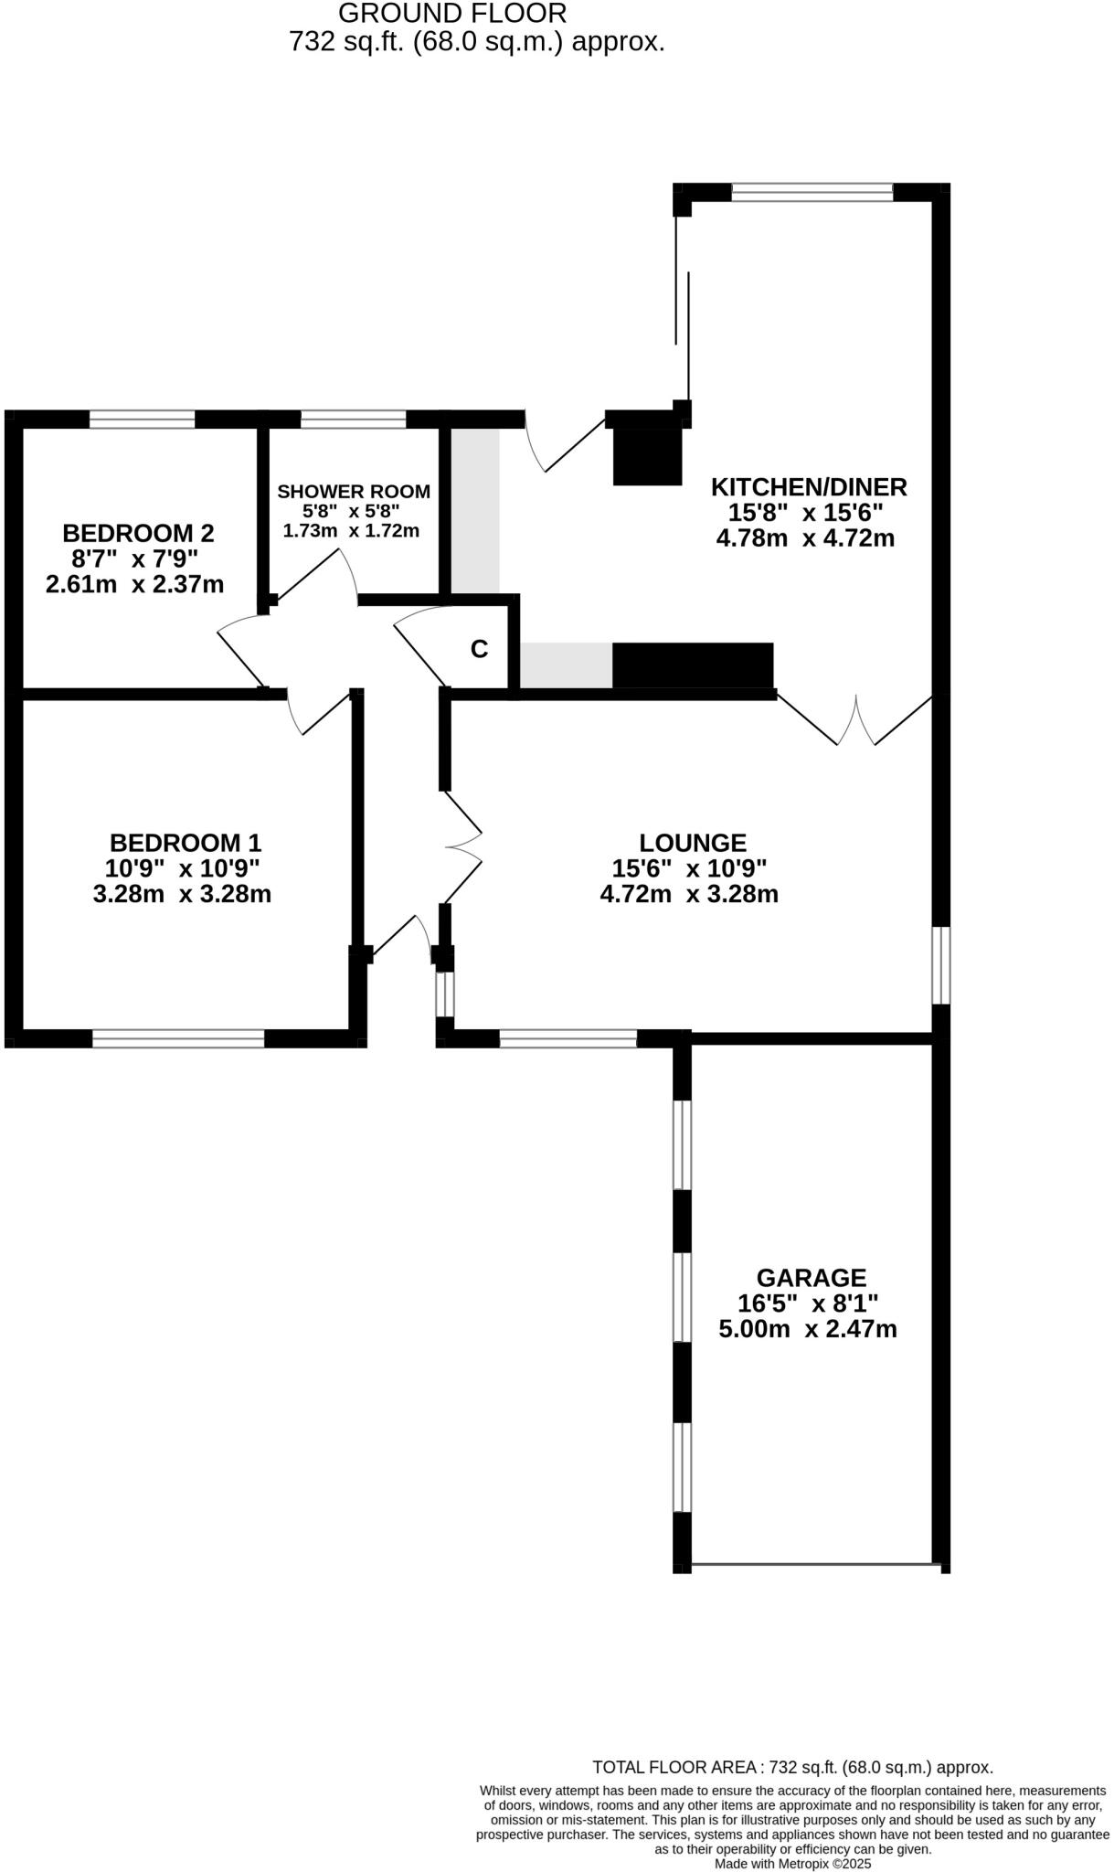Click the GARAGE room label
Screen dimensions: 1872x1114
pos(811,1277)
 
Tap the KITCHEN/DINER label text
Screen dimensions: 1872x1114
pos(809,486)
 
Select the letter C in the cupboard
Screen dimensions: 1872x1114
pos(479,649)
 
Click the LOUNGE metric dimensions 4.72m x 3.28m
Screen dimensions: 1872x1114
pos(689,894)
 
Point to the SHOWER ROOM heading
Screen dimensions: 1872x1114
pos(354,492)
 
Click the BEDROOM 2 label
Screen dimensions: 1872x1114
pos(138,533)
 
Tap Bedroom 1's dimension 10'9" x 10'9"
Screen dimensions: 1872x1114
pos(183,867)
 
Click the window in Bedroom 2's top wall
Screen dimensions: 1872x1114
pos(143,420)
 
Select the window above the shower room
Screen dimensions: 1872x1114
pos(354,420)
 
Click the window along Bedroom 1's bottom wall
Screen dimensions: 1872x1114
pos(178,1038)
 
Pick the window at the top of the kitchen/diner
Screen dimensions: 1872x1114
pos(812,192)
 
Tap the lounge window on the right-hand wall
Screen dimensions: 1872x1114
pos(940,965)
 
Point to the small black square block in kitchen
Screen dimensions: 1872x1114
pos(647,456)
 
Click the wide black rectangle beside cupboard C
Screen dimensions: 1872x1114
pos(693,665)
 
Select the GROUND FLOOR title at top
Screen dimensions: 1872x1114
pos(452,14)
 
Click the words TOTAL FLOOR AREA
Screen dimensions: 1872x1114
pos(677,1768)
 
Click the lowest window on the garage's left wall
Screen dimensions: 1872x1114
pos(682,1467)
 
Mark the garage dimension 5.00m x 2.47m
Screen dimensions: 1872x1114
pos(808,1329)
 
